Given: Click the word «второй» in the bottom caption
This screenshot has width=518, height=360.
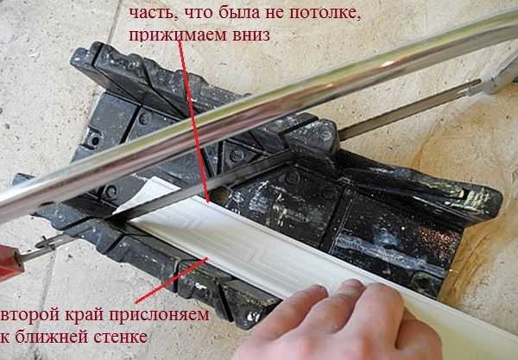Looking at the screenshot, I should [28, 315].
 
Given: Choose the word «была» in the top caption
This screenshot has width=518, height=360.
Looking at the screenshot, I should [217, 15].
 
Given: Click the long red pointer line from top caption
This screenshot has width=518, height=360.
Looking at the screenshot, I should [194, 121].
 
